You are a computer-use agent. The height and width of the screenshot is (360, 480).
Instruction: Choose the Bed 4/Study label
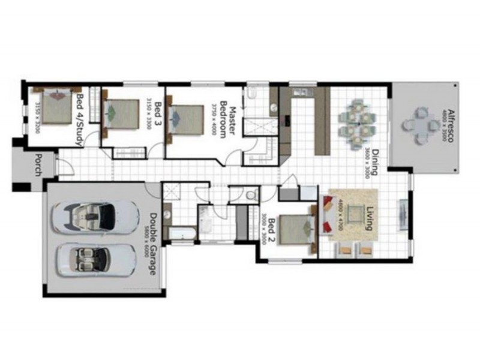coord(77,119)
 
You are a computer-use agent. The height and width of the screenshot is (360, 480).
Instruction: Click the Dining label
coord(373,161)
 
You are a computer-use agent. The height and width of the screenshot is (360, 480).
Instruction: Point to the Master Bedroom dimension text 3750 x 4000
coord(214,119)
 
